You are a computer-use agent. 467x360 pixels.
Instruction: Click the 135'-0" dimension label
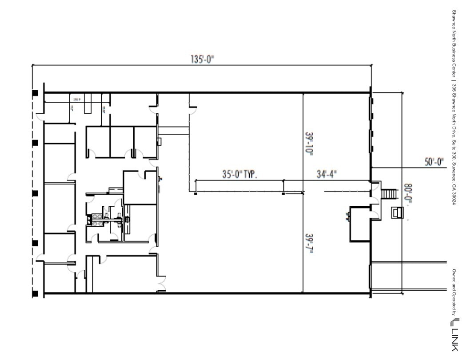[x=203, y=59]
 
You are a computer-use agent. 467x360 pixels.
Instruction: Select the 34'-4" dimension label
[x=327, y=174]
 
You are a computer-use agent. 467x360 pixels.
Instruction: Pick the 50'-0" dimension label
[x=435, y=162]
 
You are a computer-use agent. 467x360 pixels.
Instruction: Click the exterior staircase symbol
[x=388, y=194]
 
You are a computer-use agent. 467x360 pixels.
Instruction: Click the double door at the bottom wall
[x=160, y=283]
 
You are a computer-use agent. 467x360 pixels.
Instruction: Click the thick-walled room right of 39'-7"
[x=359, y=224]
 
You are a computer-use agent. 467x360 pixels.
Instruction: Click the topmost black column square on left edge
[x=35, y=93]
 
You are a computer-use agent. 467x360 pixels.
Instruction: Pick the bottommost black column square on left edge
[x=35, y=294]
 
